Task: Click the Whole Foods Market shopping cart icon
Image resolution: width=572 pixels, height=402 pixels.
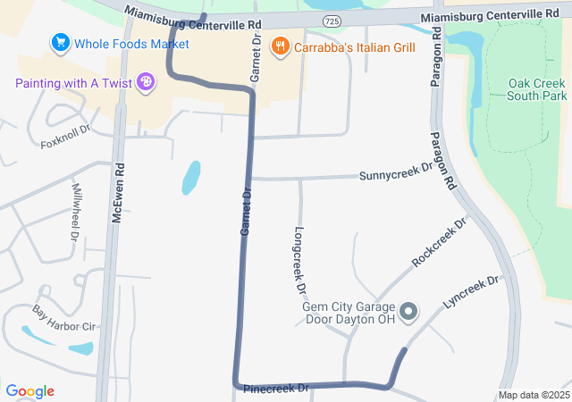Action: point(61,42)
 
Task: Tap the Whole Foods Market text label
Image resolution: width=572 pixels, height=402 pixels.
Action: point(131,43)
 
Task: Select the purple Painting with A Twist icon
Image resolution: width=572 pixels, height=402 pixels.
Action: point(145,83)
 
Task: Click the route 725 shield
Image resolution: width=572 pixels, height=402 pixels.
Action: point(332,20)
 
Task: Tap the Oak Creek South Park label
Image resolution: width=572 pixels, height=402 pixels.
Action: point(537,88)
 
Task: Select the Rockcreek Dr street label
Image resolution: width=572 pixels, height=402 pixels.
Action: point(440,243)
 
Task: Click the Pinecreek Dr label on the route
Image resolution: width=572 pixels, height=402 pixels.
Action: point(277,389)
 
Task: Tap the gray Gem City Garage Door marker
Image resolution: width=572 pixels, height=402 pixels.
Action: point(408,312)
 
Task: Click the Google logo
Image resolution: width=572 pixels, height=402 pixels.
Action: point(30,391)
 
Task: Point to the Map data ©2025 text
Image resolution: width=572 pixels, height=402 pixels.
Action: point(534,395)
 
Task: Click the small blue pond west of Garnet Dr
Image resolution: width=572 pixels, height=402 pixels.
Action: point(190,177)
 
